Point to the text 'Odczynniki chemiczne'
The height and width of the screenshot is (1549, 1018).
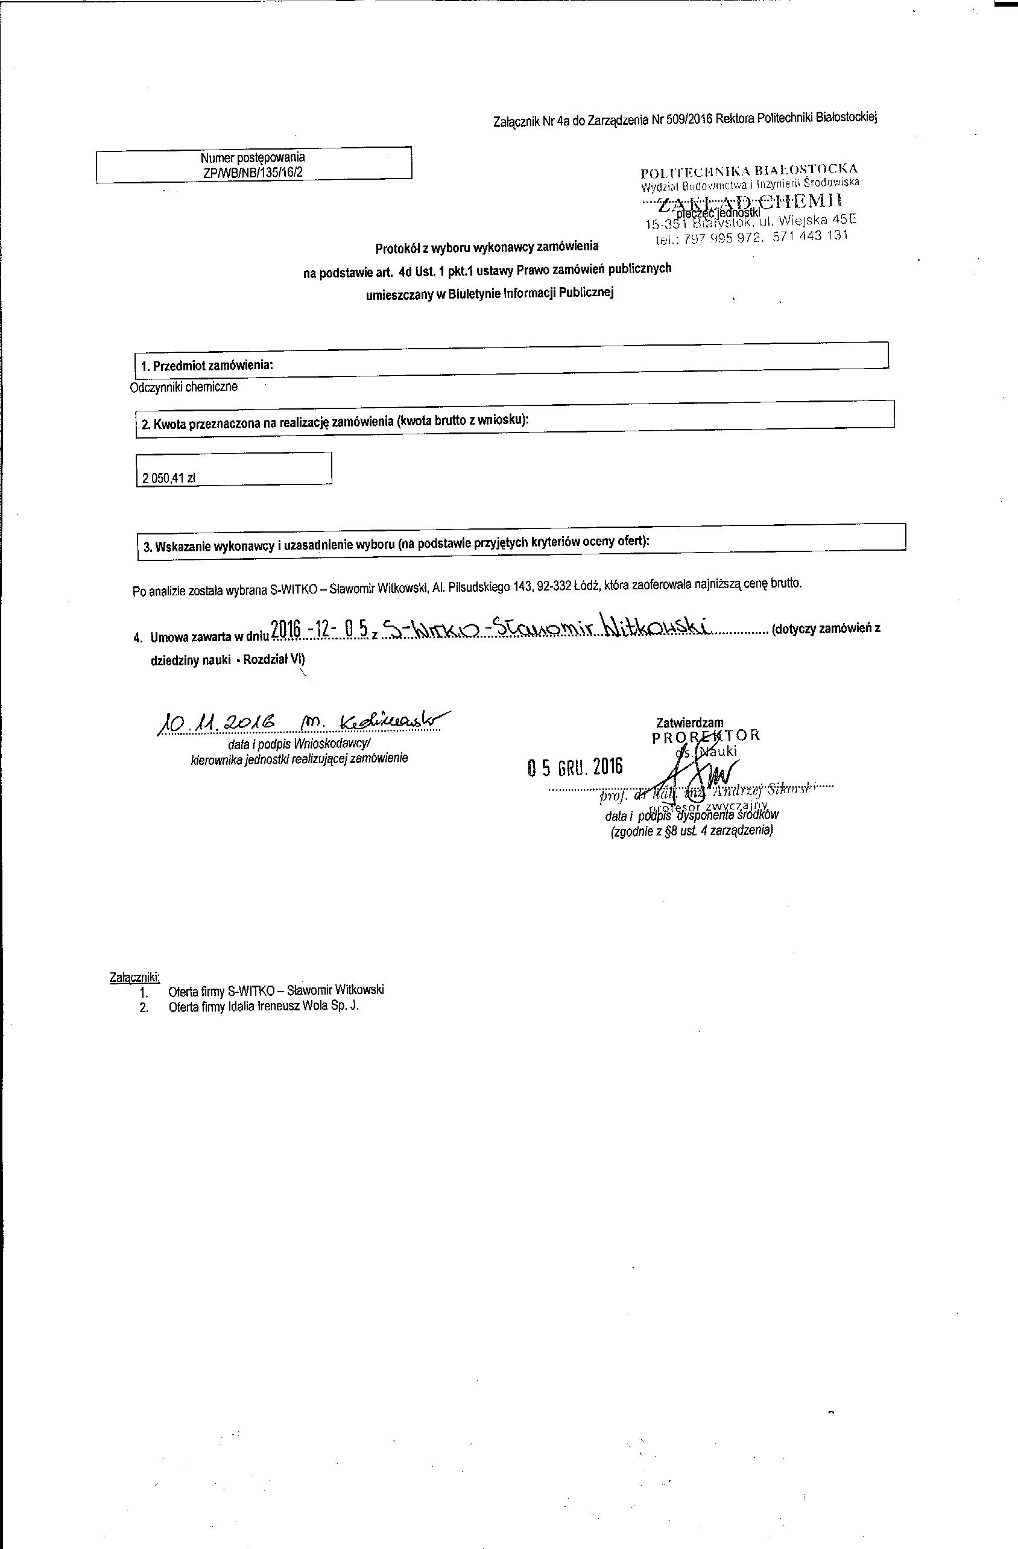(184, 387)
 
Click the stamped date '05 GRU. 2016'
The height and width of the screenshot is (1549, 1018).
(574, 767)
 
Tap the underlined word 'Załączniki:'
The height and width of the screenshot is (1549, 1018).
(134, 977)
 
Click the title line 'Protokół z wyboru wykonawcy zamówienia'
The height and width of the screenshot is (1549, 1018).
(486, 247)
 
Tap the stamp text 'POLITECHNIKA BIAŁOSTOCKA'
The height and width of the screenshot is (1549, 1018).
(748, 171)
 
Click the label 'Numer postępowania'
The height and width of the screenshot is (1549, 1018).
(253, 157)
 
